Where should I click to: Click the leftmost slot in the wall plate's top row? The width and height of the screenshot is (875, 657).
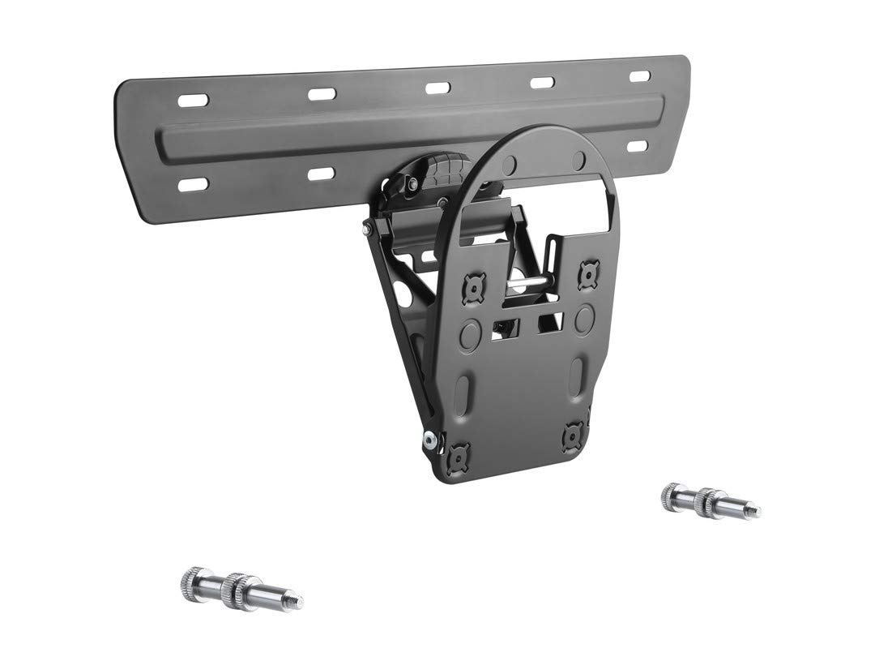[x=195, y=100]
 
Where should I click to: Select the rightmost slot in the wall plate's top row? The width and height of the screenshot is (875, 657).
[x=640, y=75]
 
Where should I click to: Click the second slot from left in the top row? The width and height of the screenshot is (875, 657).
[x=322, y=94]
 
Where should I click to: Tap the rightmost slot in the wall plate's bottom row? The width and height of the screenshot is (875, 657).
[x=638, y=147]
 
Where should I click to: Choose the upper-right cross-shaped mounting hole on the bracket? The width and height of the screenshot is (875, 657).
[x=587, y=273]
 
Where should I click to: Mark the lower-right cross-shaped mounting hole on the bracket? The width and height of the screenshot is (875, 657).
[x=574, y=436]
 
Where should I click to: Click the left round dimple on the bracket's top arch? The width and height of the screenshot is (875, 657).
[x=509, y=166]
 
